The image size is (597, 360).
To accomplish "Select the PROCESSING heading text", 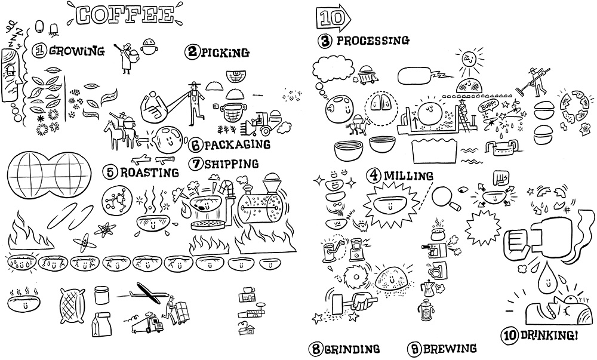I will click(373, 41).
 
